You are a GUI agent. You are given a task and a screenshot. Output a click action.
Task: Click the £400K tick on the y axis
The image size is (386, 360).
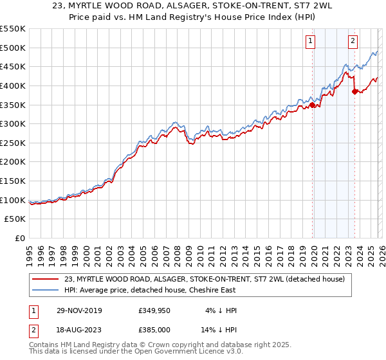click(13, 85)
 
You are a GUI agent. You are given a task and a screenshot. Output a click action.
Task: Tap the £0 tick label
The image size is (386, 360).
click(19, 239)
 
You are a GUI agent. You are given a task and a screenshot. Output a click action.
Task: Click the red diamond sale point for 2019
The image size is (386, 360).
click(313, 105)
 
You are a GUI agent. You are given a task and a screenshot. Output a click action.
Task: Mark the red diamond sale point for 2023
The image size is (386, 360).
click(354, 91)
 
